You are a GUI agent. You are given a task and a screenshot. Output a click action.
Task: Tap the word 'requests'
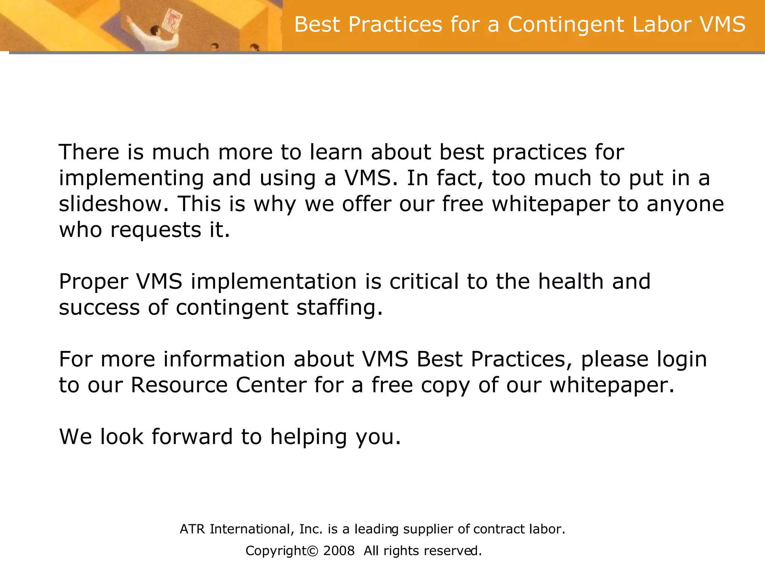156,230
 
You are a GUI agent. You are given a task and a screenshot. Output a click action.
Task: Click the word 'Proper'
93,282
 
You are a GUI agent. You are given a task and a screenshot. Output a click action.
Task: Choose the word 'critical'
424,281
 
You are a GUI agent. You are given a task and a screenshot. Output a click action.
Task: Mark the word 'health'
570,281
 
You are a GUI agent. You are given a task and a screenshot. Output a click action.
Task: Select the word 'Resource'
179,385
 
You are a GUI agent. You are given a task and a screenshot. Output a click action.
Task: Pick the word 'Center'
271,385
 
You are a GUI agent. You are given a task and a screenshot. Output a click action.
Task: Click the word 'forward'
192,436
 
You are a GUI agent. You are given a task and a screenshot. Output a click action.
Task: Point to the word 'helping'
309,437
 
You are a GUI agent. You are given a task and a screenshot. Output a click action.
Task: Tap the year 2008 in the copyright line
338,551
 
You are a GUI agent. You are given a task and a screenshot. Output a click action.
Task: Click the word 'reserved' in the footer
453,551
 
